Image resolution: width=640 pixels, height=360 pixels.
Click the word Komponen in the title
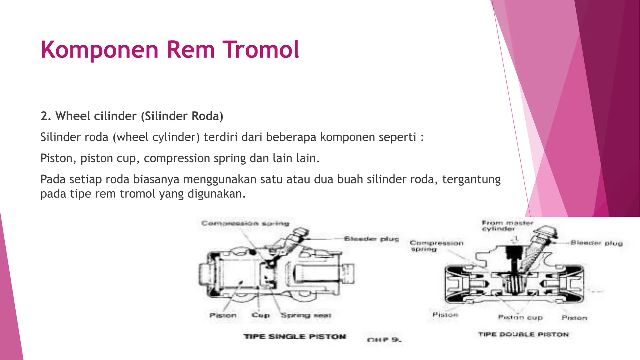(100, 50)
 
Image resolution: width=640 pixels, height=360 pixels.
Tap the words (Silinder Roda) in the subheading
(182, 116)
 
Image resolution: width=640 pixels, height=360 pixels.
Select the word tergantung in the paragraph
(471, 179)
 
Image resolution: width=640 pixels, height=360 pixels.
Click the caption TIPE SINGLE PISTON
(295, 337)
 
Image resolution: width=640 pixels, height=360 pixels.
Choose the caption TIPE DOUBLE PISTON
(523, 335)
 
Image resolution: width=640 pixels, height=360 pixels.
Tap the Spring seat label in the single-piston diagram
(306, 315)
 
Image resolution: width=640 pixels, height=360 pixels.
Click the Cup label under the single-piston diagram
(260, 315)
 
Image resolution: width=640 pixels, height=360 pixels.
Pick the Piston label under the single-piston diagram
(223, 315)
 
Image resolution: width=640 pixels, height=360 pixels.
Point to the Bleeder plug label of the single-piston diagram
(371, 239)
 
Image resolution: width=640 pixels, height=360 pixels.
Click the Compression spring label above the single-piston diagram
(245, 223)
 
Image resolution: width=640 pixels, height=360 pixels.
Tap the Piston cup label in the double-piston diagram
(520, 317)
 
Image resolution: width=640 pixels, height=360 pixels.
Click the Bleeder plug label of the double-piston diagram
(596, 243)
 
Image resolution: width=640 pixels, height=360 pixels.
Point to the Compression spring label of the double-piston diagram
(436, 246)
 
